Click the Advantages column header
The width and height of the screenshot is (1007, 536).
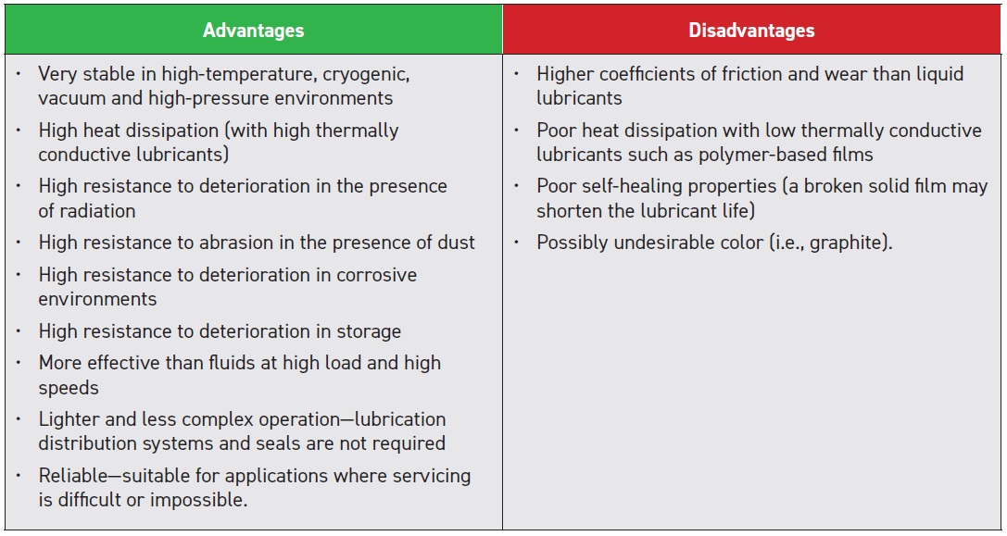pyautogui.click(x=253, y=31)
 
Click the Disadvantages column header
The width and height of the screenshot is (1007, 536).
pyautogui.click(x=751, y=31)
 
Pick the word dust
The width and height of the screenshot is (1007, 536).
pyautogui.click(x=454, y=243)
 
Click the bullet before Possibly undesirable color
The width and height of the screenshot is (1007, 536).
pyautogui.click(x=517, y=242)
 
